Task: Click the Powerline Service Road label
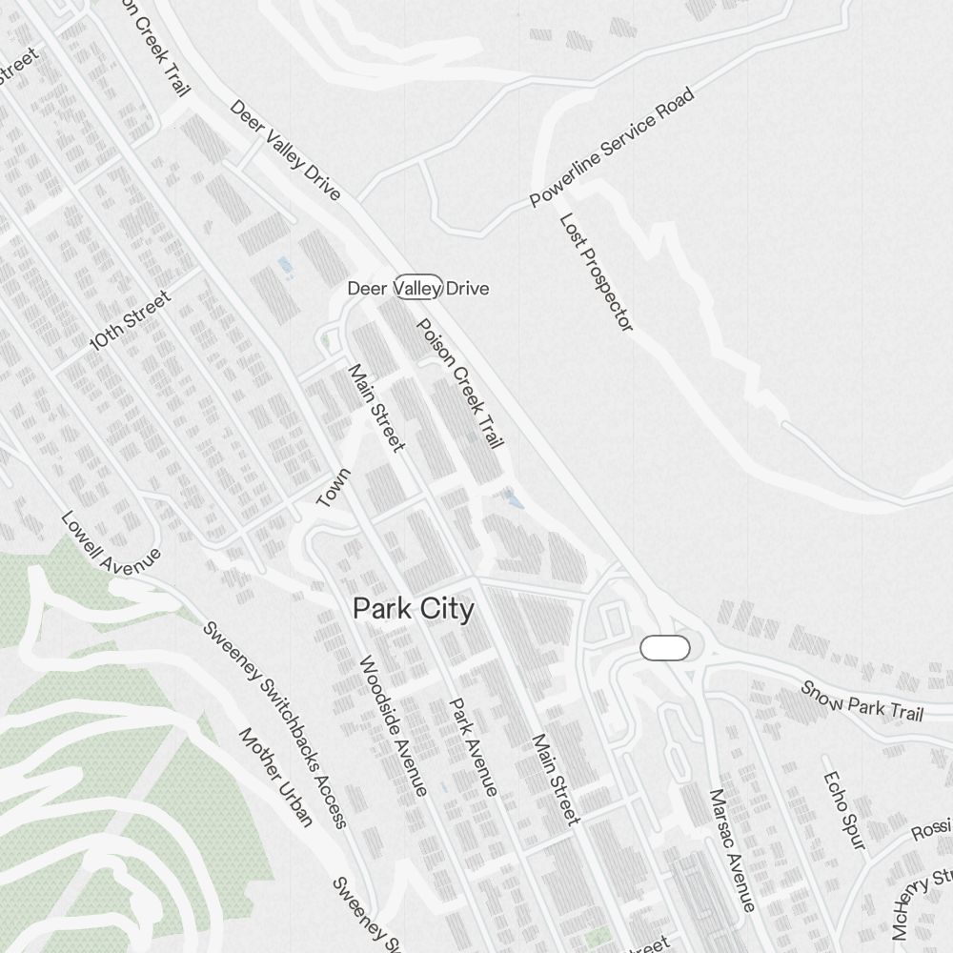[612, 147]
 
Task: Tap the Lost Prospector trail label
[597, 273]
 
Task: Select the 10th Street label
[130, 321]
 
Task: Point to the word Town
[334, 488]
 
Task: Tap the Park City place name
[413, 609]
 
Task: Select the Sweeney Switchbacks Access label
[276, 724]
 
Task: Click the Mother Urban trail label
[275, 778]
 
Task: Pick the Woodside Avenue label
[392, 725]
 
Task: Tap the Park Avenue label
[474, 746]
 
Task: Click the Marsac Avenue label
[732, 849]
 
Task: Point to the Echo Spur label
[843, 809]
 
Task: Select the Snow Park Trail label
[862, 700]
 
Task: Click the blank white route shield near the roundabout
[664, 648]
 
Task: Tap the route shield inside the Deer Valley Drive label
[417, 287]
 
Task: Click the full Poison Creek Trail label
[460, 383]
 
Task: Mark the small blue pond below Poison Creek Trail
[514, 498]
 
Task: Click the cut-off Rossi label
[931, 829]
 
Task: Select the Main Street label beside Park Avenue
[555, 779]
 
